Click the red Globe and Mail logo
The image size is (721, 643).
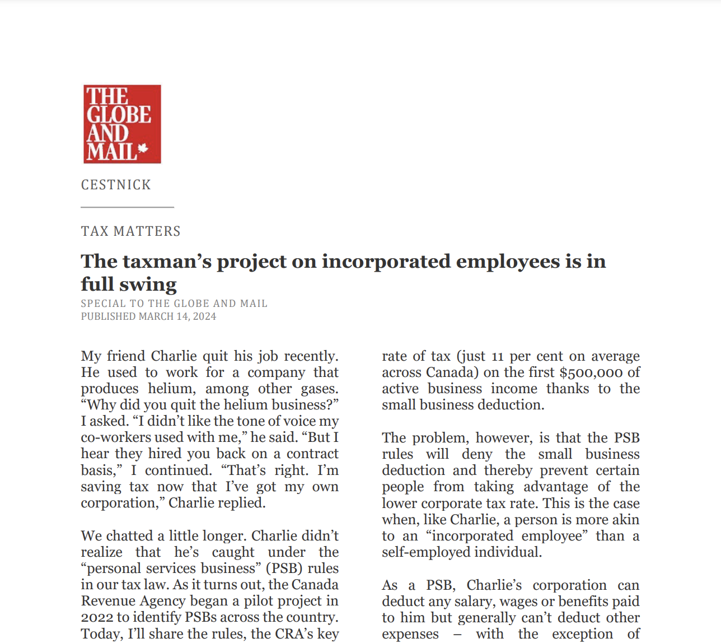[x=122, y=124]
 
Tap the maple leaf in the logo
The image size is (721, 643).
[x=143, y=148]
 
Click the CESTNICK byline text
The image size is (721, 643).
[x=116, y=185]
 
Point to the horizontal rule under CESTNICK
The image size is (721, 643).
[x=127, y=207]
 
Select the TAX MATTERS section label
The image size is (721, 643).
[x=130, y=231]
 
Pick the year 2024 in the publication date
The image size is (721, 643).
[x=204, y=316]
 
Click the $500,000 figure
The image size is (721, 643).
[x=591, y=372]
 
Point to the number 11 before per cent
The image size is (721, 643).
[x=498, y=357]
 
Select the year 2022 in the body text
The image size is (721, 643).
[x=97, y=617]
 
